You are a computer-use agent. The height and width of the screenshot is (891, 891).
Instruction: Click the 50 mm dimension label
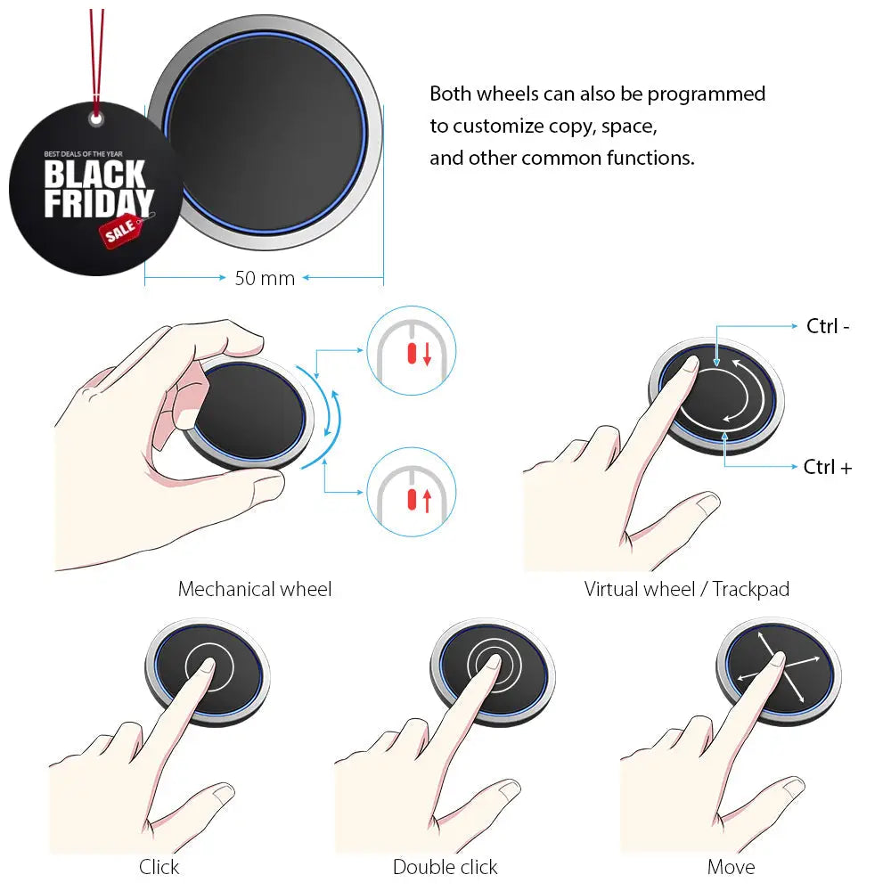265,278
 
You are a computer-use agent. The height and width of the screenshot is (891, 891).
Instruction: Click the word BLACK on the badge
95,174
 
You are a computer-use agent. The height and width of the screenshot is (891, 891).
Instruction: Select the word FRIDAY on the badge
99,203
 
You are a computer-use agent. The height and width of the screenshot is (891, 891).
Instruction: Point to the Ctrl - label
828,326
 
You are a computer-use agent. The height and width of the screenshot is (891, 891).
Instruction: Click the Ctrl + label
828,467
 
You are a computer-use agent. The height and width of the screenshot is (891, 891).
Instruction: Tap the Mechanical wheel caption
255,589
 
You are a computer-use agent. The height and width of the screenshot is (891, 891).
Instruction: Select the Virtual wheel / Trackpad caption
686,589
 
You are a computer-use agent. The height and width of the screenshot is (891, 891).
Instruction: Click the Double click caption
445,867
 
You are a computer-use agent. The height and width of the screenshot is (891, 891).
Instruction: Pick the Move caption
731,867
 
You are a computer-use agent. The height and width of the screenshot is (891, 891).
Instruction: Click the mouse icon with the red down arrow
412,350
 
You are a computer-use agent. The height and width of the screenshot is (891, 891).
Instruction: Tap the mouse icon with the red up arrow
412,492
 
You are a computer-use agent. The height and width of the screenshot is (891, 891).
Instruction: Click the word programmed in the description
707,94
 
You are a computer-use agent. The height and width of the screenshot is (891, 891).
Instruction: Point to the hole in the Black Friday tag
96,119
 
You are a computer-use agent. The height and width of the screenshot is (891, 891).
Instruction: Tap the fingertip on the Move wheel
777,659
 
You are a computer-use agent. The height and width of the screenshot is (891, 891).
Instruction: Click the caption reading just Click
159,867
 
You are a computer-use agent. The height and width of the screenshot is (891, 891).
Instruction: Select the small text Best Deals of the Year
83,154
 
